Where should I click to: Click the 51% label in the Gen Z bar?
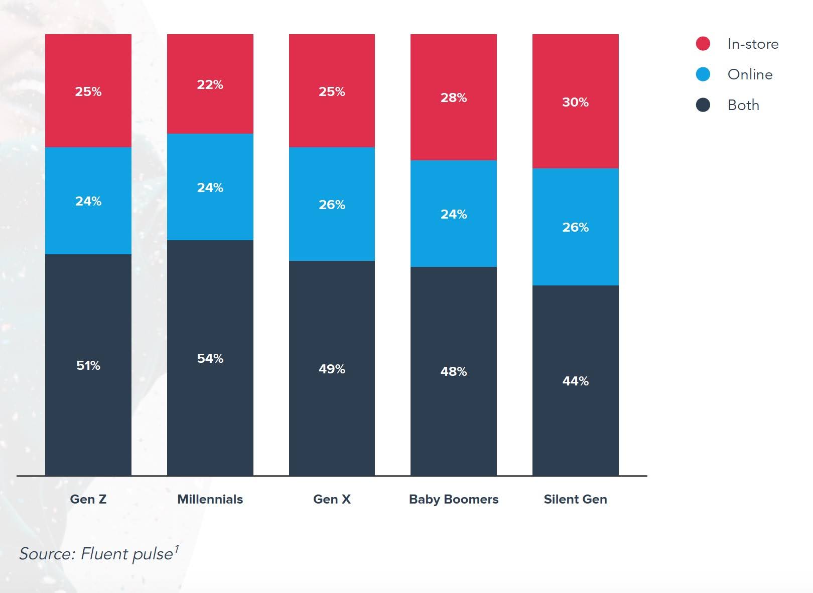88,365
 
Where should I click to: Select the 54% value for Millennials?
210,358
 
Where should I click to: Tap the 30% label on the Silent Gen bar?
575,102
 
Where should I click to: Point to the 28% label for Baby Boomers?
454,97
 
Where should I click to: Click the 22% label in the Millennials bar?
210,84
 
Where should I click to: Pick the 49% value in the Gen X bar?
332,369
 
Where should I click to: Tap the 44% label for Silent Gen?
575,381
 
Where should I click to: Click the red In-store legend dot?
703,44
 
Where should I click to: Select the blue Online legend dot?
703,74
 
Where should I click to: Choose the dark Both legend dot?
703,105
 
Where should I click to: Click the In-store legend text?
753,44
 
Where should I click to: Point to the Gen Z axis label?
88,499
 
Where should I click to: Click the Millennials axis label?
210,499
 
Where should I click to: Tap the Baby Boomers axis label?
454,499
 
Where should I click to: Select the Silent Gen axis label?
575,499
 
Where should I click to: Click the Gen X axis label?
332,499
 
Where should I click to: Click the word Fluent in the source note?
102,554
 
